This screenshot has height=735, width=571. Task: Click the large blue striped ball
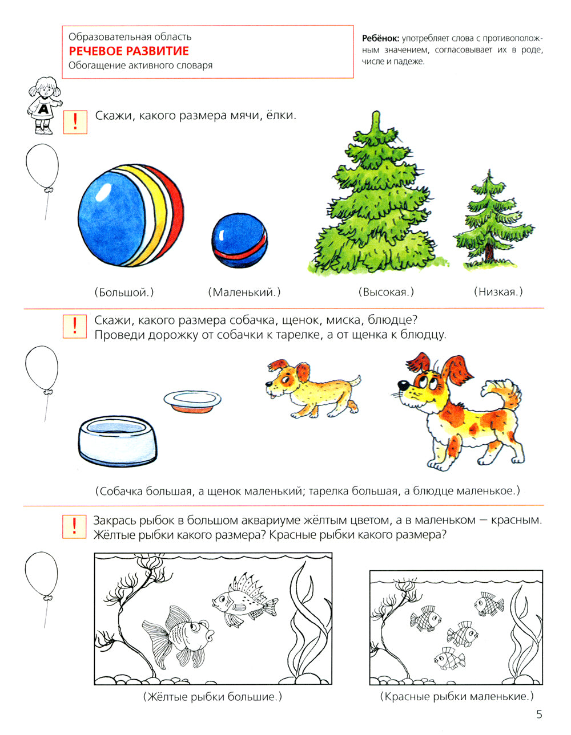[x=130, y=217]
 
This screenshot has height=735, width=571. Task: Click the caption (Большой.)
[x=124, y=293]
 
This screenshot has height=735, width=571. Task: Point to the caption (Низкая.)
[x=498, y=292]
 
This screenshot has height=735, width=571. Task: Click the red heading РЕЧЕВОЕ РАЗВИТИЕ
[x=128, y=51]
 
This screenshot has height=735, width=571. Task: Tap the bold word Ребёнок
[x=380, y=39]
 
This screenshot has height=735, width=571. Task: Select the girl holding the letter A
[x=45, y=105]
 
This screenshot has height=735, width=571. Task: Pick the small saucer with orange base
[x=192, y=401]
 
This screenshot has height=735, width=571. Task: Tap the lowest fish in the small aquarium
[x=449, y=659]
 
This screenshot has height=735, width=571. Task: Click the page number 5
[x=539, y=714]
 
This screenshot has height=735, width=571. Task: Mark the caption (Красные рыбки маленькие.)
[x=456, y=696]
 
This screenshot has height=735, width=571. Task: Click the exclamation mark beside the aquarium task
[x=74, y=526]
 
